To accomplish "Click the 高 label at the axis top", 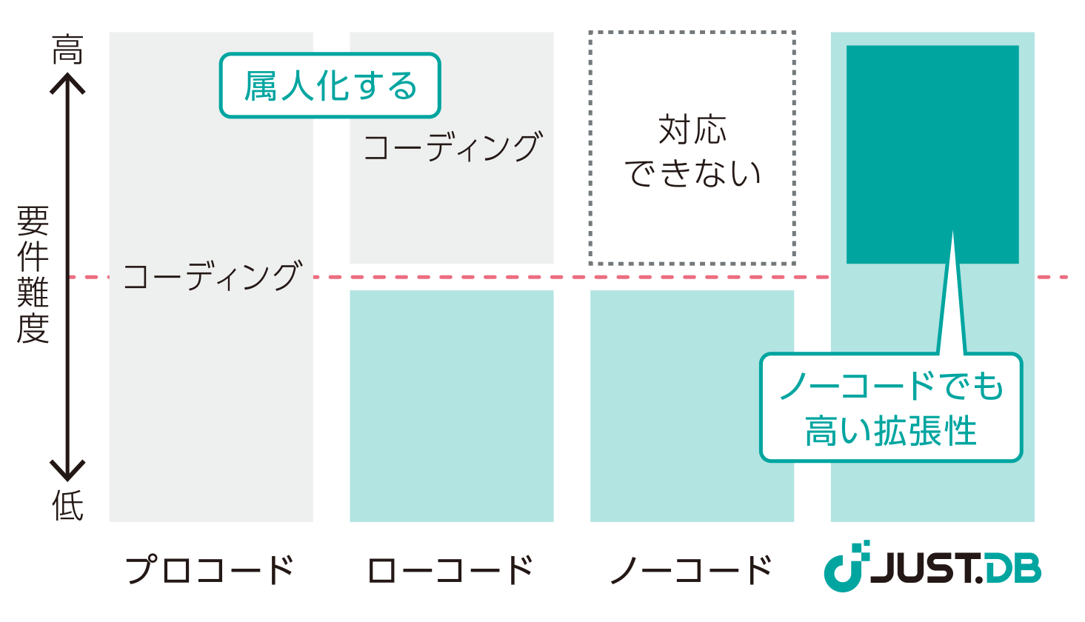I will tap(67, 50).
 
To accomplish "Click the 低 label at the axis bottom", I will tap(67, 506).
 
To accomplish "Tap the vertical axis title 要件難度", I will tap(33, 275).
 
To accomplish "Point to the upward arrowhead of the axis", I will tap(67, 82).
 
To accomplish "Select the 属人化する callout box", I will tap(330, 86).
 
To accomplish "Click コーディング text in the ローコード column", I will tap(453, 147).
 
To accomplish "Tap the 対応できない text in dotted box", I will tap(692, 152).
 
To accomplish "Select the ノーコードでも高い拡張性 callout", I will tap(891, 408).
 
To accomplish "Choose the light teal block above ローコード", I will tap(452, 406).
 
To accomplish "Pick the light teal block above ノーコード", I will tap(692, 406).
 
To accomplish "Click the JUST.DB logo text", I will tap(955, 569).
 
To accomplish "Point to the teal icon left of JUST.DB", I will tap(846, 568).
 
